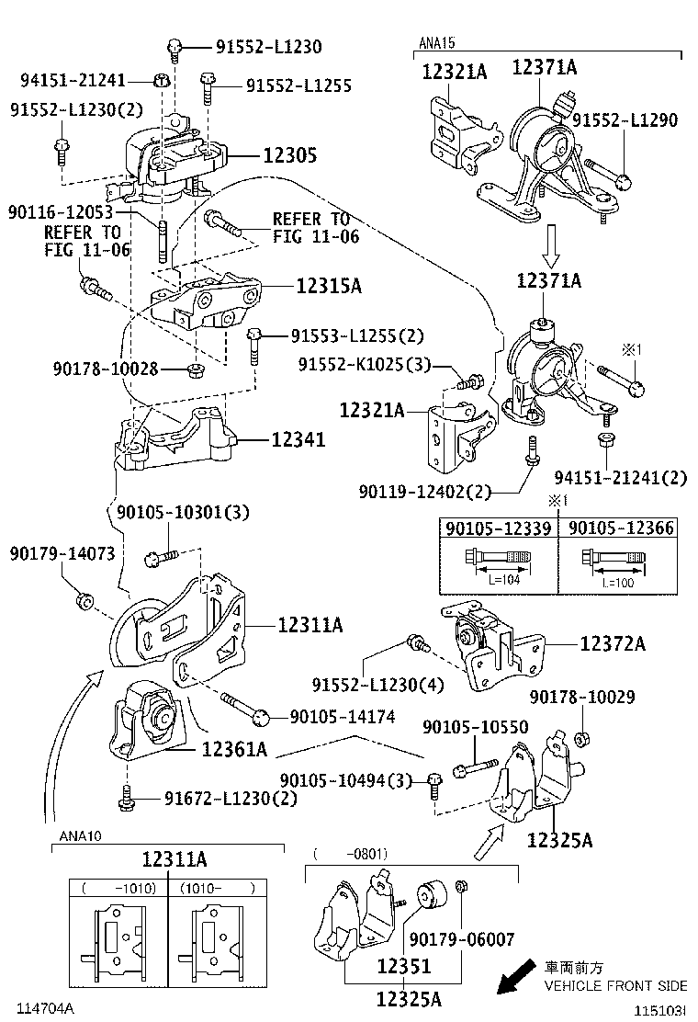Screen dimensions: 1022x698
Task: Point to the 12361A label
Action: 234,750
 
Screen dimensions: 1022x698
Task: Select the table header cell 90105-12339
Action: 499,528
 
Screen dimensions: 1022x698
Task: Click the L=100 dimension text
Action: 621,582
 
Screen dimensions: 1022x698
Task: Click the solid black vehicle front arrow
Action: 515,978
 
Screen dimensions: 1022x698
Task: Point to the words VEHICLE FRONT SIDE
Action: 615,985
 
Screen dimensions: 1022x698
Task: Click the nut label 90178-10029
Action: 594,698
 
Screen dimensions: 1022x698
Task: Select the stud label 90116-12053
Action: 65,212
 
